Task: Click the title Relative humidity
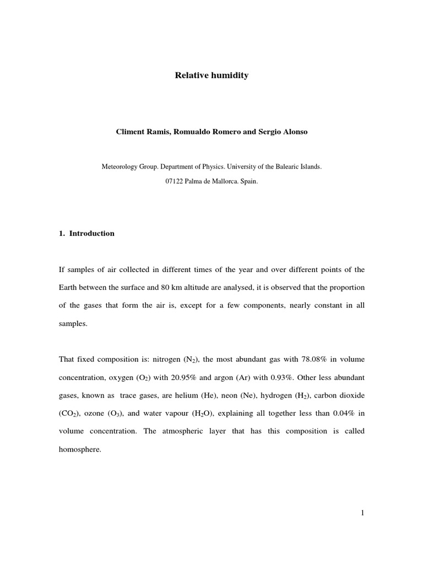click(x=211, y=75)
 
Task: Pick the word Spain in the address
click(x=249, y=180)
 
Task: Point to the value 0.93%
click(x=301, y=377)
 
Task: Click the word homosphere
click(x=81, y=449)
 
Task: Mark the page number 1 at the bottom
click(x=362, y=513)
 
